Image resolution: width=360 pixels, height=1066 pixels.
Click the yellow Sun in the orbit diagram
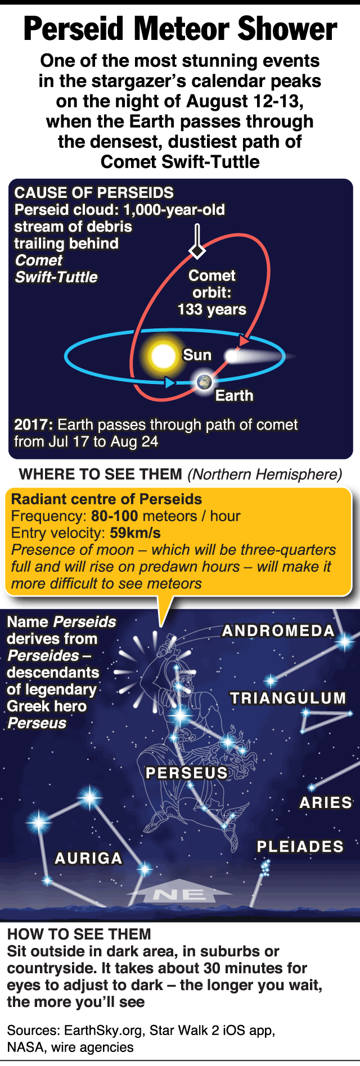[x=164, y=356]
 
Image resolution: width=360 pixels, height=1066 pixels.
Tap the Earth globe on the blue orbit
[x=204, y=382]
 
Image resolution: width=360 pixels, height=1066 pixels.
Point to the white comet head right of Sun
[x=232, y=355]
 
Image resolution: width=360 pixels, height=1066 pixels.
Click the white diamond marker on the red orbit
[x=197, y=250]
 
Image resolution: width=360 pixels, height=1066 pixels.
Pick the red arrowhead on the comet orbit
[x=243, y=340]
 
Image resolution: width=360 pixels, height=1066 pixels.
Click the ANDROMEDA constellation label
[x=278, y=631]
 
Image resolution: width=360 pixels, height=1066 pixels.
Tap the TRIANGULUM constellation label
[x=288, y=698]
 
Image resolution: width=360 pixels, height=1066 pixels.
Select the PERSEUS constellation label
[x=187, y=773]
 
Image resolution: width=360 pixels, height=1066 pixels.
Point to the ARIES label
[x=326, y=803]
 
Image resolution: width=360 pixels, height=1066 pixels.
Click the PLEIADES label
[x=300, y=847]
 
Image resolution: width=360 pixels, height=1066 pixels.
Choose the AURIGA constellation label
[x=88, y=859]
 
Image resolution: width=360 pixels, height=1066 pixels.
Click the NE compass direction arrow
[x=179, y=891]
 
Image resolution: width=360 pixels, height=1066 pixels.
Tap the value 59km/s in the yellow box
[x=135, y=533]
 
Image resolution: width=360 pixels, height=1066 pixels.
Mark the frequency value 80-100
[x=115, y=516]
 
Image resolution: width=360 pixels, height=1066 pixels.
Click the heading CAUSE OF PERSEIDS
[x=94, y=193]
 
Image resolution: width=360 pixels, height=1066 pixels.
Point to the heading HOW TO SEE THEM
[x=79, y=934]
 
